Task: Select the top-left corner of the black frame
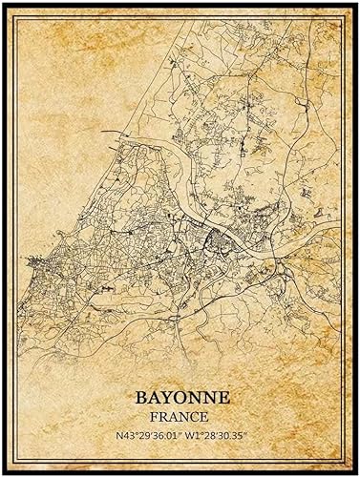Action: pos(4,4)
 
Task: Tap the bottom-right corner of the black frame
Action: pos(356,472)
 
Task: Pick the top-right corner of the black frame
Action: pos(356,4)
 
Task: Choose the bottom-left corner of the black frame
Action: pos(4,472)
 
